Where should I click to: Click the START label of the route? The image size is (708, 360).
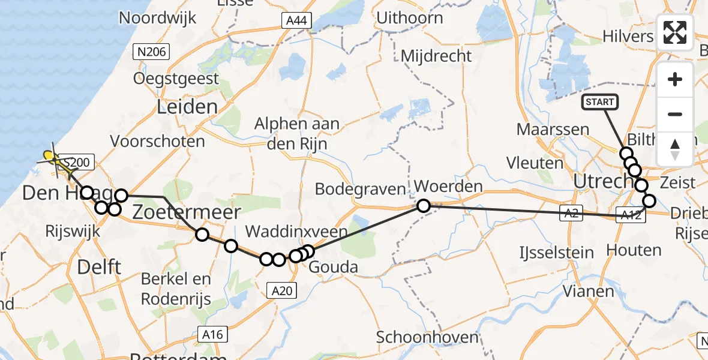coord(599,102)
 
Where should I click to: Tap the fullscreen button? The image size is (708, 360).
coord(675,32)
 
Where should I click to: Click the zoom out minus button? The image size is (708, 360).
coord(675,114)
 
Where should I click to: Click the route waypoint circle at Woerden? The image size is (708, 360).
coord(424,206)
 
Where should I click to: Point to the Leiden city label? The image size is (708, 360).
coord(187,107)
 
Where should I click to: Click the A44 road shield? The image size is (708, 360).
coord(296,21)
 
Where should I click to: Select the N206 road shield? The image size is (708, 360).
coord(152,52)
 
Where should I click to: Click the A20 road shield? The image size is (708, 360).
coord(281,290)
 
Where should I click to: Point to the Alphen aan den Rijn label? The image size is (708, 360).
coord(296,133)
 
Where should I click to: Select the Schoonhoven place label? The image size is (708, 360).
coord(427,337)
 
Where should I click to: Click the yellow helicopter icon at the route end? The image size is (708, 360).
coord(51,158)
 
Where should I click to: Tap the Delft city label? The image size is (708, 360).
coord(100,266)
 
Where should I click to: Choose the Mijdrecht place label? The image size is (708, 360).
coord(436,56)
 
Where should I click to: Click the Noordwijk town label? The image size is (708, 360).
coord(157,17)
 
